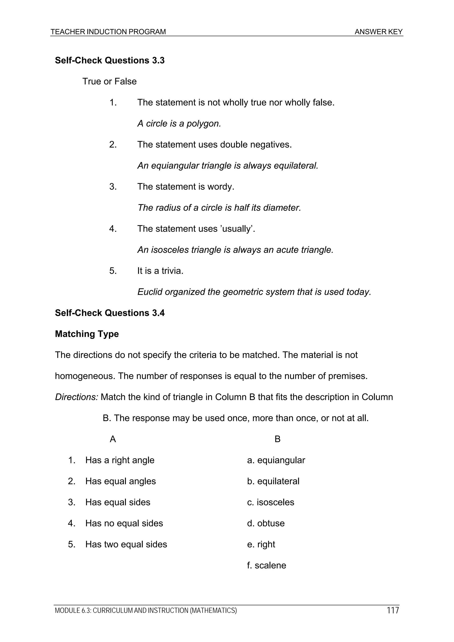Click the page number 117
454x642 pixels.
[x=393, y=610]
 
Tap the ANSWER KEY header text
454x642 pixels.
[x=378, y=32]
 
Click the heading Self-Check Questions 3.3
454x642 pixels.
[x=110, y=60]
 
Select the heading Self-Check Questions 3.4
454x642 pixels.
[x=110, y=313]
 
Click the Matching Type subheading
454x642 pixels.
[x=87, y=334]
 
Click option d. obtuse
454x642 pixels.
[x=266, y=523]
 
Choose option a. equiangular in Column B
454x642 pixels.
[x=276, y=460]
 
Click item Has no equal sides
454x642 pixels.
[x=124, y=523]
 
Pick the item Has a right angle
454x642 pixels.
[x=120, y=460]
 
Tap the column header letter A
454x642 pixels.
[x=113, y=439]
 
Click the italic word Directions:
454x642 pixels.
[x=76, y=397]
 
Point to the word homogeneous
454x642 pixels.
[x=85, y=376]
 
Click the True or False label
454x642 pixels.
[x=109, y=81]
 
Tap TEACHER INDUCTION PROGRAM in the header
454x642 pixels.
[x=108, y=32]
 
